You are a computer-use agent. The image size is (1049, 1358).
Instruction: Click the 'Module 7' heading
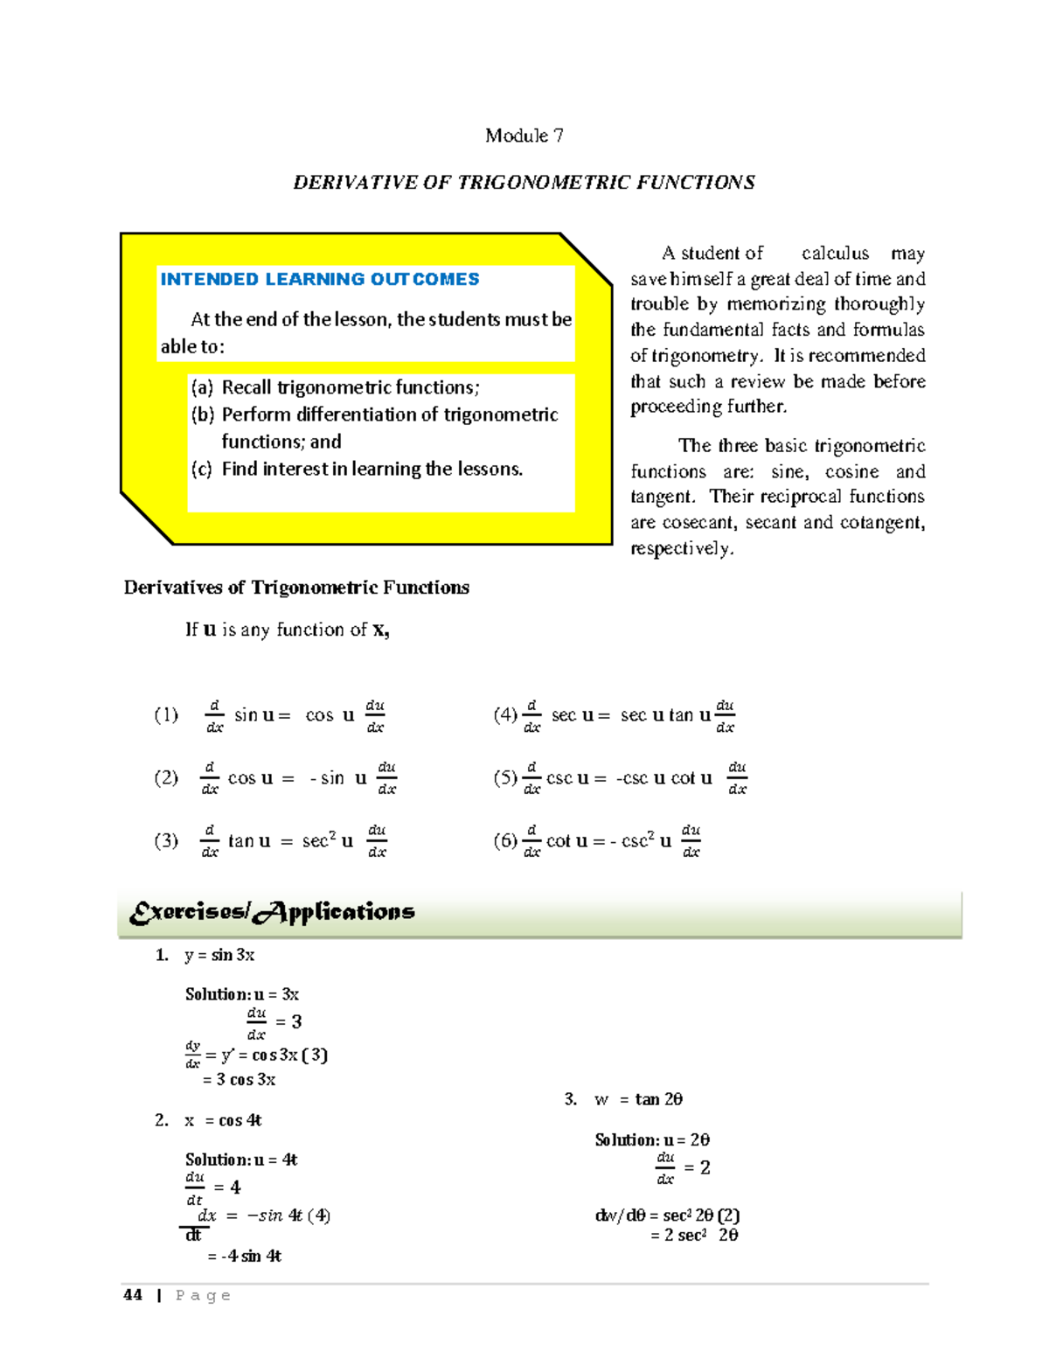pos(524,136)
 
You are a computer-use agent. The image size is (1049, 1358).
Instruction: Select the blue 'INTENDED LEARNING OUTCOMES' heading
pos(319,279)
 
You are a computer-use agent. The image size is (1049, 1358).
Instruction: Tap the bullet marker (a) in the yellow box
pos(202,387)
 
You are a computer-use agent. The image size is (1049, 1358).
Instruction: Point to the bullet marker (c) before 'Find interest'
pos(202,470)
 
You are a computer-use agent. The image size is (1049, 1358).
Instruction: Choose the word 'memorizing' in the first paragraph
pos(776,304)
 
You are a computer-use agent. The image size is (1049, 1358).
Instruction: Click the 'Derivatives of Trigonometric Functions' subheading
pos(296,588)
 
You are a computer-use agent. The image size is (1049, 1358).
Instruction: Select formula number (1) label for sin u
pos(166,715)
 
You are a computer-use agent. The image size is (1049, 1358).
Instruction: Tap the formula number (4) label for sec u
pos(505,715)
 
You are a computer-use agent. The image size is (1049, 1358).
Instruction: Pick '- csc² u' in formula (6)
pos(641,841)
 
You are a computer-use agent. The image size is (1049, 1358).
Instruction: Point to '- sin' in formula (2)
pos(327,778)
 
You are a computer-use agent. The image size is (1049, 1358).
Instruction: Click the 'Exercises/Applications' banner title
pos(272,913)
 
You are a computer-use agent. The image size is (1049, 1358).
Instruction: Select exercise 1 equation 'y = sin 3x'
pos(219,955)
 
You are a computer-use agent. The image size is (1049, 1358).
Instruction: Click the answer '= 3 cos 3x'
pos(239,1080)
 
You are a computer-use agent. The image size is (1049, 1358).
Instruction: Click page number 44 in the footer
pos(133,1295)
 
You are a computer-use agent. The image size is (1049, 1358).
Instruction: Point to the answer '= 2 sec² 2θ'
pos(694,1236)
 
